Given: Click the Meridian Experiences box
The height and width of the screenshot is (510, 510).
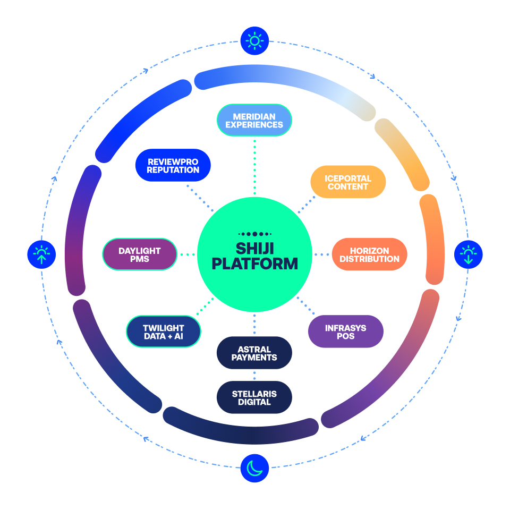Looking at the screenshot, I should coord(254,120).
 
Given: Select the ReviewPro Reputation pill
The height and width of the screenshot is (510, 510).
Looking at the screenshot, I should coord(173,165).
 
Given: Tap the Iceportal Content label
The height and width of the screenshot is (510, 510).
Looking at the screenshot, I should coord(348,182).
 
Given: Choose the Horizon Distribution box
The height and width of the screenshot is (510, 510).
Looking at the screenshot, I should coord(369,254).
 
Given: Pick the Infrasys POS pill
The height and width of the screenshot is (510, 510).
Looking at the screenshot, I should coord(346,332).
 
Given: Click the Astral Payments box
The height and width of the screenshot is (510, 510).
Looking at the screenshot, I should coord(254,353).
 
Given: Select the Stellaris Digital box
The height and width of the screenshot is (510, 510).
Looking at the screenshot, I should coord(254,397).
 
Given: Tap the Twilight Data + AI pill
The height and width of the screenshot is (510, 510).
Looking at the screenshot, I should coord(164,331).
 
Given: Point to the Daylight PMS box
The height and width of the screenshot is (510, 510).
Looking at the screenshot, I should coord(140,254).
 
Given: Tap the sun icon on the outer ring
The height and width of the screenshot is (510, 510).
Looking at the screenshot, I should coord(254,40).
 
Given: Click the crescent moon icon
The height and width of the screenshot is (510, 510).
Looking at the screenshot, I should coord(254,468).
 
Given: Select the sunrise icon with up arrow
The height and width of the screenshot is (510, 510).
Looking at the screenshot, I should coord(41,254).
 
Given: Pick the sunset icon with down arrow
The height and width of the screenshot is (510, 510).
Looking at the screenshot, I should coord(468,254).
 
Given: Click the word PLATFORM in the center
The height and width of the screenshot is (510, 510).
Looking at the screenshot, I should coord(254,263).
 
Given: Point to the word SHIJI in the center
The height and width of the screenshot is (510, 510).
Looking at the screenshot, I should coord(254,248).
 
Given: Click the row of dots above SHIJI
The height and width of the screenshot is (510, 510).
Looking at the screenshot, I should coord(254,234).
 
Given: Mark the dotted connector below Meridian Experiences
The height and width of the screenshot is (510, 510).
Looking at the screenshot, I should coord(254,166).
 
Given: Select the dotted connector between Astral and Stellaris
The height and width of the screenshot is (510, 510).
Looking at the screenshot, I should coord(254,375).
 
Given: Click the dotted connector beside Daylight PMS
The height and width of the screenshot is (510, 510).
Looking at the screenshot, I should coord(187,254).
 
